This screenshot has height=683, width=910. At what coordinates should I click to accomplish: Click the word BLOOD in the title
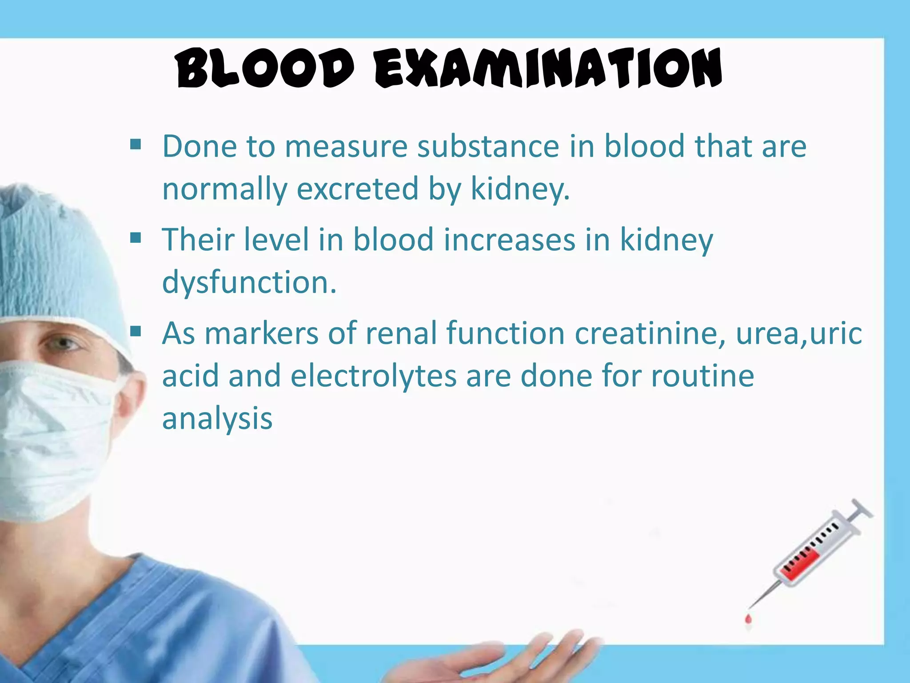pos(265,69)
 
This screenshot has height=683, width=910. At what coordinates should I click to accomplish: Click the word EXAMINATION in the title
pos(548,69)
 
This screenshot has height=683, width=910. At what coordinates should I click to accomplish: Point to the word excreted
pos(358,189)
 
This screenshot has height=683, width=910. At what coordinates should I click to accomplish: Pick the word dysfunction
pos(249,282)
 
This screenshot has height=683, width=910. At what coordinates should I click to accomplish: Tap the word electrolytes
pos(373,376)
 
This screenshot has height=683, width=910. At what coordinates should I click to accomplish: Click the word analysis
pos(217,419)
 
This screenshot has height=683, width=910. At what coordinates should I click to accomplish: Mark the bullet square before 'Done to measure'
pos(136,145)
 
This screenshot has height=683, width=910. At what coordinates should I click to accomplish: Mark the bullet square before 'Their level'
pos(136,238)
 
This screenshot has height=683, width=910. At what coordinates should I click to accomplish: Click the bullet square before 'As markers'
pos(136,331)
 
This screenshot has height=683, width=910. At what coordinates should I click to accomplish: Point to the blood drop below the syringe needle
pos(748,619)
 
